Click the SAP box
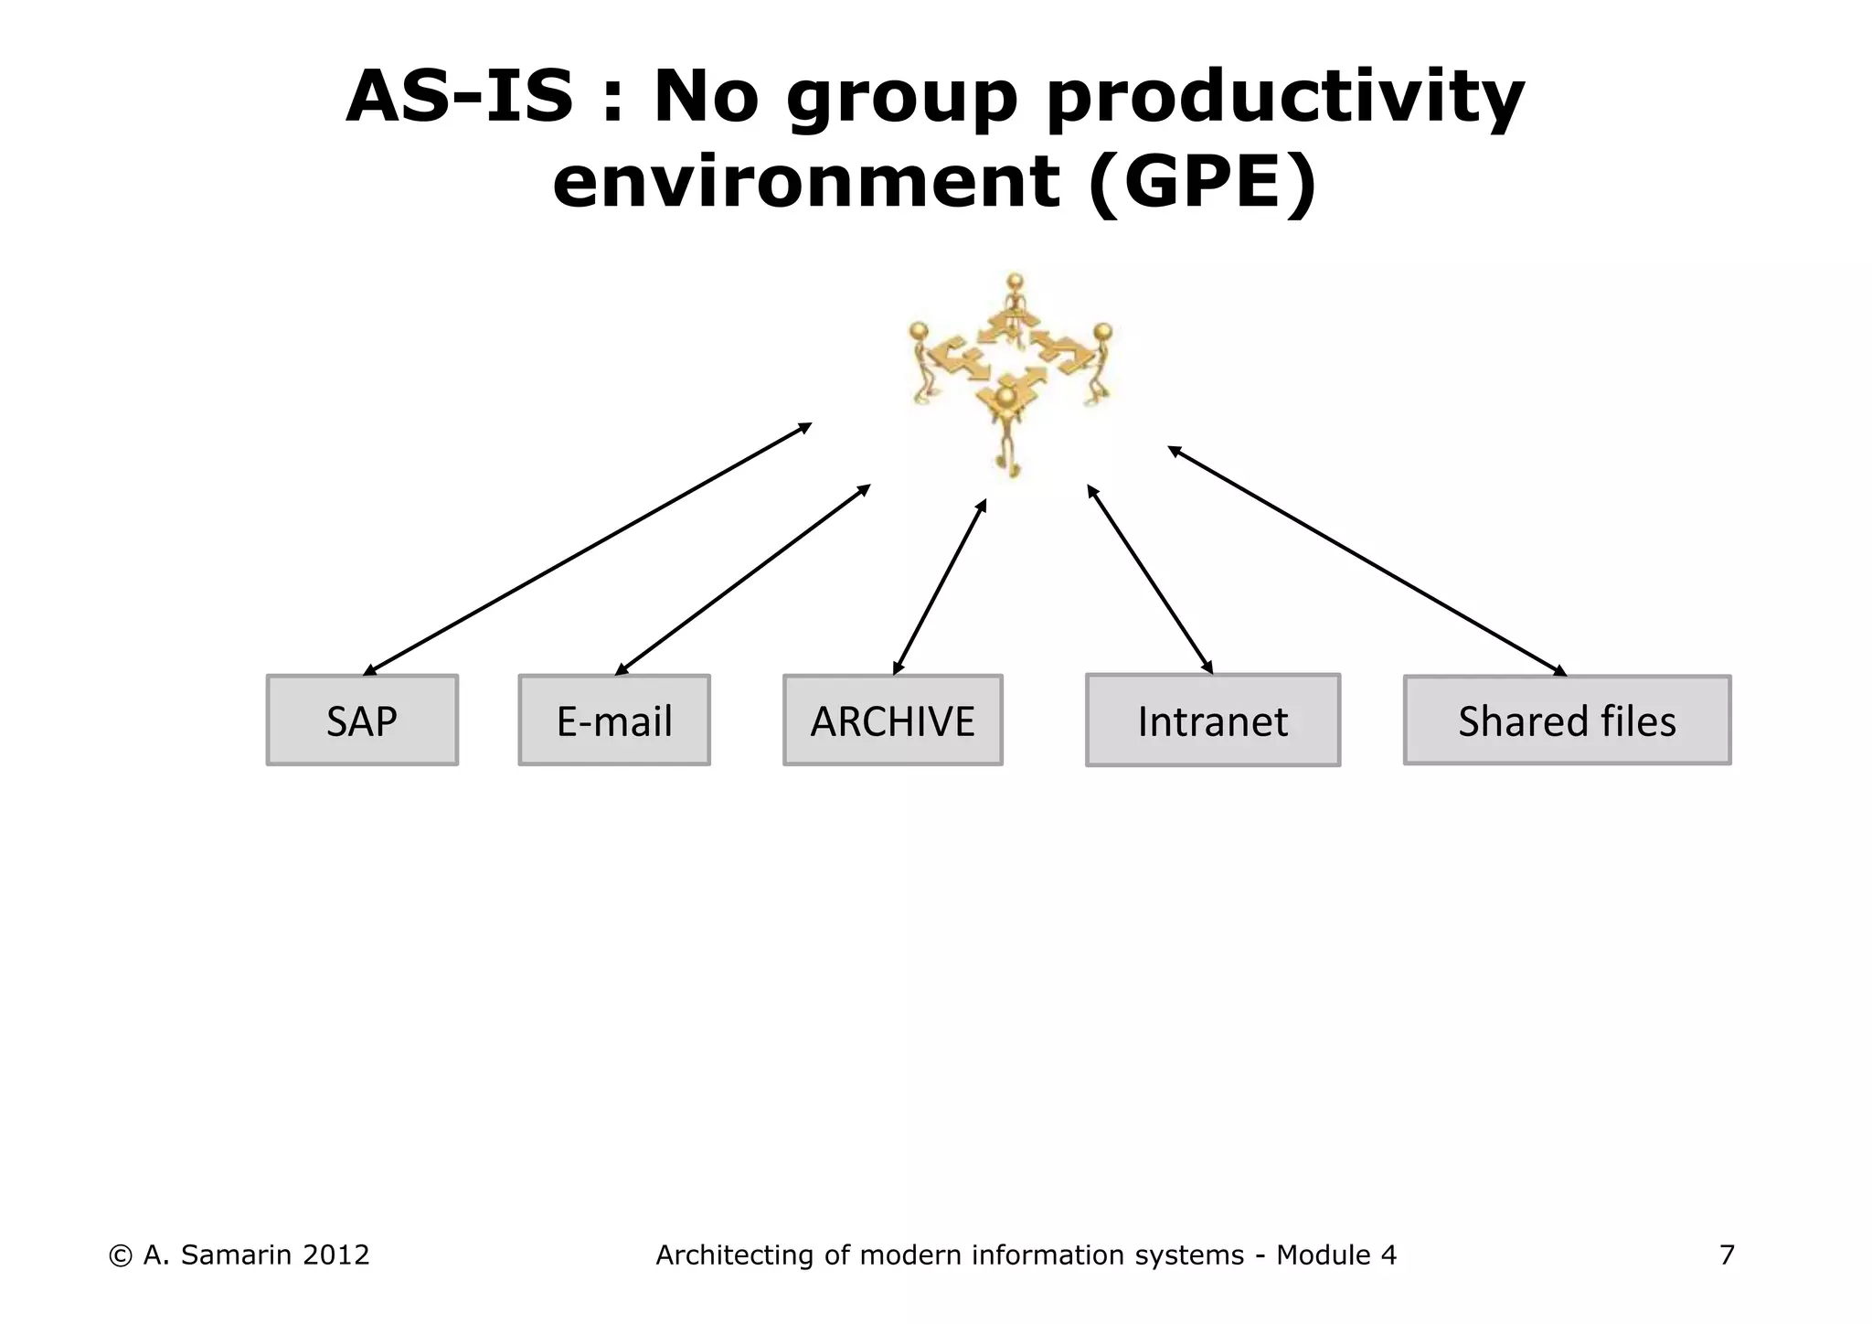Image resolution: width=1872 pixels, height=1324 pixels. [x=362, y=721]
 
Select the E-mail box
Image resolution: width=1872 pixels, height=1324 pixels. [x=614, y=721]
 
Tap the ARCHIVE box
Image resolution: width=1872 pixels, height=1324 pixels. [x=893, y=721]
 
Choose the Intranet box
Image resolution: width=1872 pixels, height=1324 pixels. [x=1213, y=721]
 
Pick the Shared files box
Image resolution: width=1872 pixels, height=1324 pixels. [x=1567, y=721]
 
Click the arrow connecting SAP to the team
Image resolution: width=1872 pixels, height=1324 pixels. [x=587, y=549]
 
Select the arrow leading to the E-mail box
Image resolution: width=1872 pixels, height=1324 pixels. [x=742, y=580]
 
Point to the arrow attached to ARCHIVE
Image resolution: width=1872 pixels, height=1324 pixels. [x=940, y=587]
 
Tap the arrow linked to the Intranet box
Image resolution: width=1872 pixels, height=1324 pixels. [x=1150, y=580]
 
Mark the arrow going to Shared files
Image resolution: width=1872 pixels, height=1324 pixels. [x=1367, y=561]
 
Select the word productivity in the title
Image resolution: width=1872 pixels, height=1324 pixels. [x=1285, y=99]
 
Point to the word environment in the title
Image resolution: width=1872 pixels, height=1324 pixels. [x=806, y=181]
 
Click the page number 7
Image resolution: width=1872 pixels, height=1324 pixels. [x=1727, y=1255]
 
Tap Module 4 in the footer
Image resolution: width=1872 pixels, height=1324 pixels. [x=1336, y=1255]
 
